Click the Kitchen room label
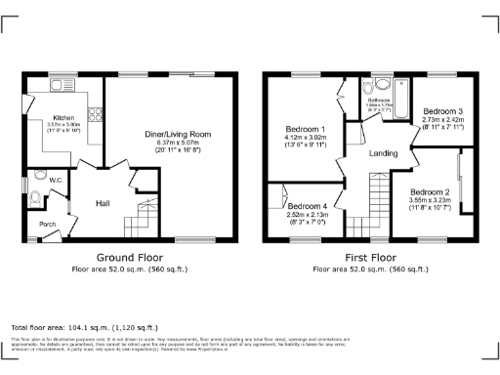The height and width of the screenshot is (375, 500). coord(62,117)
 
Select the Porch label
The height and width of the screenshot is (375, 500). coord(47,224)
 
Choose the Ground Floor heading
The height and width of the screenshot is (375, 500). coord(128,259)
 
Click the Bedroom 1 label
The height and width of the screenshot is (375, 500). coord(306,130)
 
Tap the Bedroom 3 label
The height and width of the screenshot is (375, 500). coord(442,112)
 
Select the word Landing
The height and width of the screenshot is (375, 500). coord(381,154)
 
